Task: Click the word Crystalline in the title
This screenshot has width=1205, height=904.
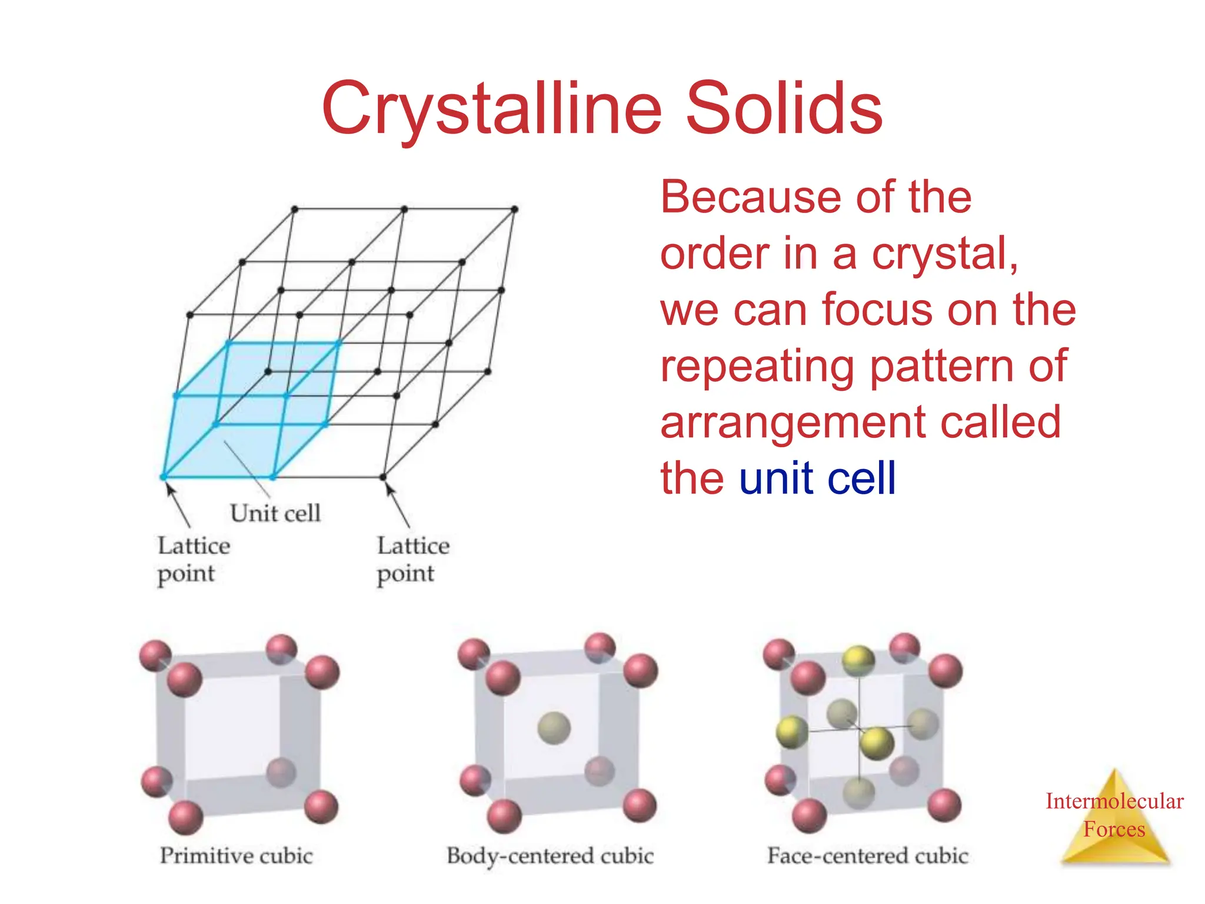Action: [492, 109]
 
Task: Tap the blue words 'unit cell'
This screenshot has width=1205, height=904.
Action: [817, 478]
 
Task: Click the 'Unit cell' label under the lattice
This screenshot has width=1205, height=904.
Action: [275, 513]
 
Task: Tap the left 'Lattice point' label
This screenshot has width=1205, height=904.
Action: [194, 559]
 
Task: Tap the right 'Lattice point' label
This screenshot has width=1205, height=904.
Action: [413, 559]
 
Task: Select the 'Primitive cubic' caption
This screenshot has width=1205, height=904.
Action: [236, 856]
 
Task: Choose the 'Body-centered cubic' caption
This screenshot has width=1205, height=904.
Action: [550, 856]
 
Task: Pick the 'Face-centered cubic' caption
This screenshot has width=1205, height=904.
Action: [867, 856]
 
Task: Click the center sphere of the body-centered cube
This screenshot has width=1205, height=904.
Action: [554, 728]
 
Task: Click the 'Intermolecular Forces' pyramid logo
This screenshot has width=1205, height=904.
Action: [1114, 818]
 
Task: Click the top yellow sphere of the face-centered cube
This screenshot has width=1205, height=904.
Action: [858, 660]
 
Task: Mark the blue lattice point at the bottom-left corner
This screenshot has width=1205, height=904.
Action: [164, 477]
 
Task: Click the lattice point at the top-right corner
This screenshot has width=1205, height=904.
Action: [514, 209]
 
